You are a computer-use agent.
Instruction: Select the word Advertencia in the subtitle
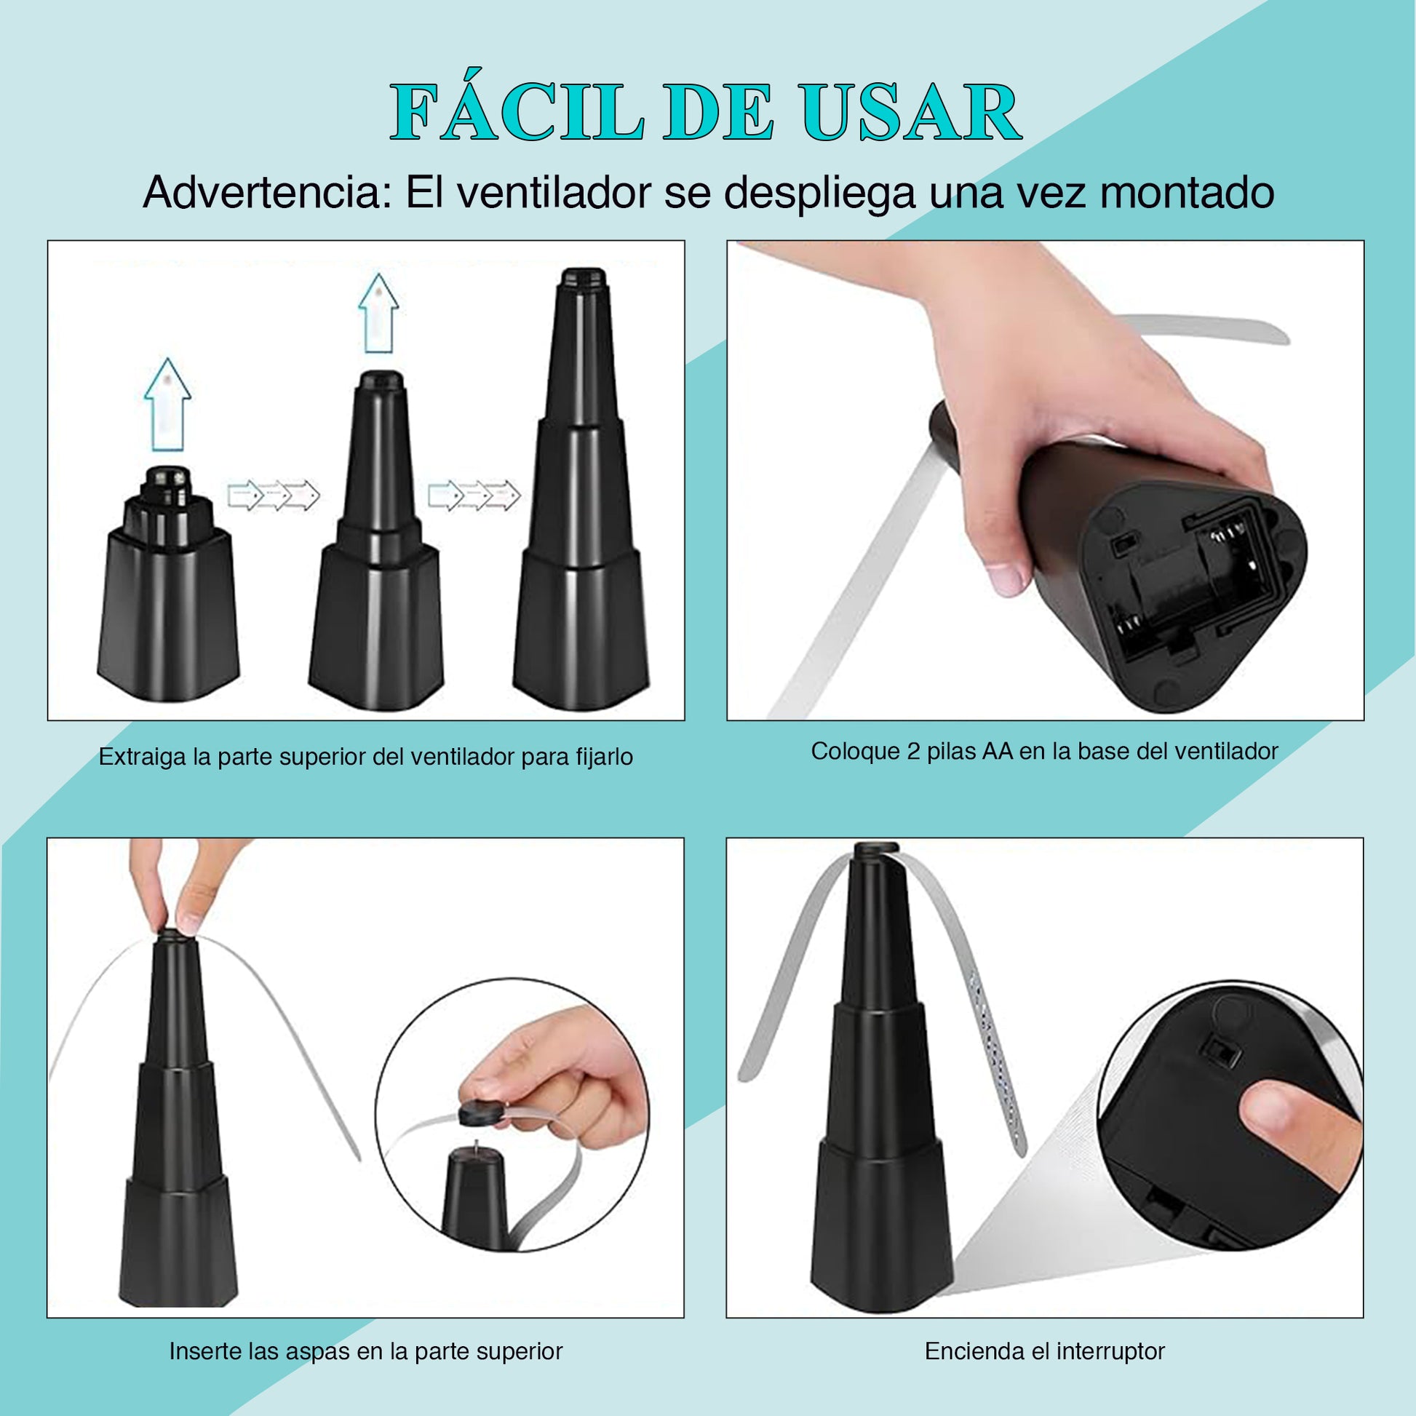(268, 193)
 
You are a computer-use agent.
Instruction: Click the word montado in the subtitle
(1187, 193)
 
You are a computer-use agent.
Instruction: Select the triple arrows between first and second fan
(274, 496)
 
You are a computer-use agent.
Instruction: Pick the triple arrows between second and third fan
(474, 496)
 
